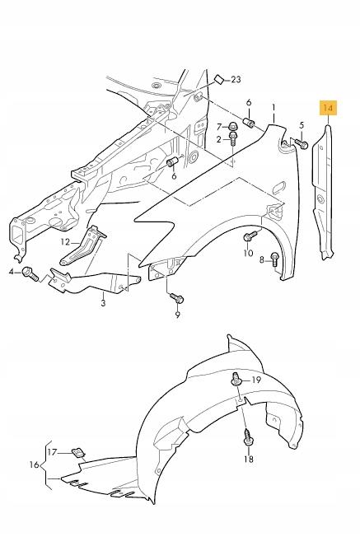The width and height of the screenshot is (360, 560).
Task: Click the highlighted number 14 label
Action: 329,108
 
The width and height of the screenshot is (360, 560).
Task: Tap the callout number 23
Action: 236,80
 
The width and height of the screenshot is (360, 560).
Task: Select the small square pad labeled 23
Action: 218,79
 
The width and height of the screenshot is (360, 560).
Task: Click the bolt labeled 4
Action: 28,271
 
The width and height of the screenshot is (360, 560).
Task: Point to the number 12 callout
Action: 65,241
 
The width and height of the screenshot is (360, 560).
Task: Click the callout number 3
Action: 103,303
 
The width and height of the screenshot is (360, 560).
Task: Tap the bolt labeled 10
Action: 247,238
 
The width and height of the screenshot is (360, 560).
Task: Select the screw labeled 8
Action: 275,259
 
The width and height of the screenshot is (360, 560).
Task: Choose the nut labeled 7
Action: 233,127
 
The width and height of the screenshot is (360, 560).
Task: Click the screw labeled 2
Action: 232,142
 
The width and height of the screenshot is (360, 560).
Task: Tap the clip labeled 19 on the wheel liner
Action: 237,380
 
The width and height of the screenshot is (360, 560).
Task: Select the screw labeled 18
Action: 246,437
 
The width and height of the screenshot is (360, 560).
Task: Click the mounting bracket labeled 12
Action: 91,243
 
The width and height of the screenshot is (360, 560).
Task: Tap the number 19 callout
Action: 255,380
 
